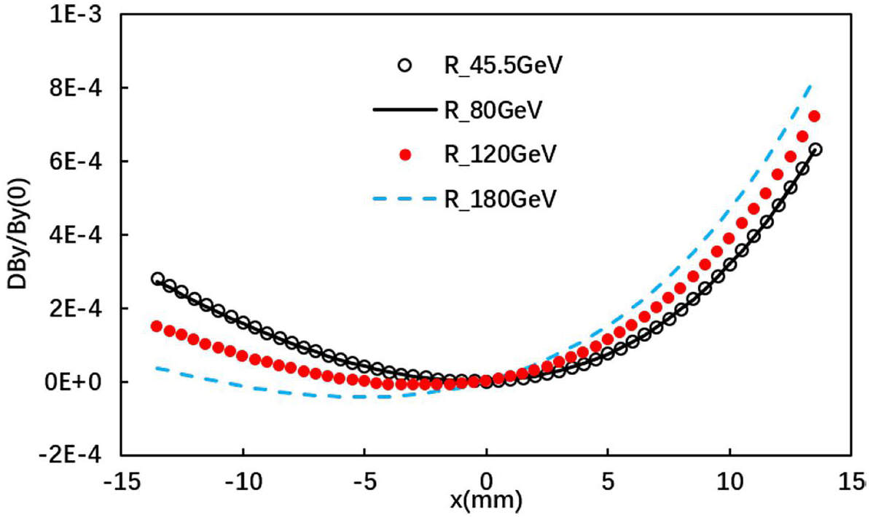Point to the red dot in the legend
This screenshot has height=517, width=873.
[406, 154]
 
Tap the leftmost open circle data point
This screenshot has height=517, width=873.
[157, 279]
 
